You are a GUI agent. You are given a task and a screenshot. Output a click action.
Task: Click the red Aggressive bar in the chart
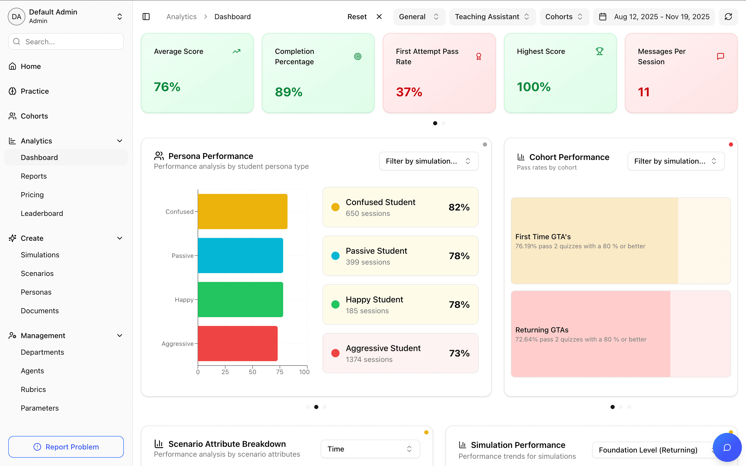pos(237,343)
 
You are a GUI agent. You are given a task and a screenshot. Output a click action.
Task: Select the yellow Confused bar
pos(242,212)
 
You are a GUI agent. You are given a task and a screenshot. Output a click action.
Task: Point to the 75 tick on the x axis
pos(279,372)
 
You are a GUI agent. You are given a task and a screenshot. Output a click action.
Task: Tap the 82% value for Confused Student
pos(459,207)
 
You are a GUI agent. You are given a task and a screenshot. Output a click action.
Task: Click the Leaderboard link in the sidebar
pos(42,213)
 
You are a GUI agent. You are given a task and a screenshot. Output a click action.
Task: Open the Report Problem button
pos(66,447)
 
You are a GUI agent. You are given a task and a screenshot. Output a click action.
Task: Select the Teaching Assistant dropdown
pos(492,17)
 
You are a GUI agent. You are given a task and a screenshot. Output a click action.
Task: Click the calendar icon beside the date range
pos(603,17)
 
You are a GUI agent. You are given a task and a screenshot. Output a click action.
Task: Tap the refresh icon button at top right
pos(728,17)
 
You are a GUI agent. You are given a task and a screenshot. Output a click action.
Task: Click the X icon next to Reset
pos(379,17)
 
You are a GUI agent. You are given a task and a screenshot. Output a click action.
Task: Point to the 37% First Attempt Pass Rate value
pos(409,92)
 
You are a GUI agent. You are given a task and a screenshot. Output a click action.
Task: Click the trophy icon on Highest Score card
pos(599,51)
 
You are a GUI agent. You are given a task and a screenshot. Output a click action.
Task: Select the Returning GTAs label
pos(542,330)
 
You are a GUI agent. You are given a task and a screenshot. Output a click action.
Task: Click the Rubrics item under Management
pos(33,389)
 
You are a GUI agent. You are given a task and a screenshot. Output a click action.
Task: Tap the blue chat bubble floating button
pos(727,447)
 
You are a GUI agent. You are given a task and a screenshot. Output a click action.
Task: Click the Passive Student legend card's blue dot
pos(335,256)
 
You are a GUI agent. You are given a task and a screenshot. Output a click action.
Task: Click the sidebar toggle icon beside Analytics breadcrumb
pos(146,17)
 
